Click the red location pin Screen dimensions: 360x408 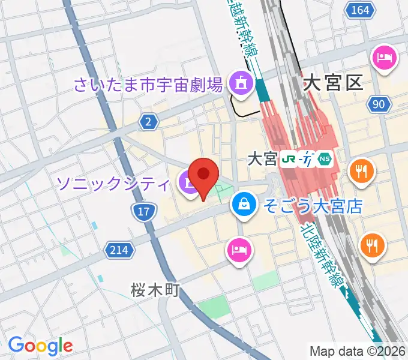(x=205, y=176)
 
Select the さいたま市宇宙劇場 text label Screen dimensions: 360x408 (x=149, y=83)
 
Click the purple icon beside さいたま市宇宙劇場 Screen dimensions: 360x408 (x=241, y=83)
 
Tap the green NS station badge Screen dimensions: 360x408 (x=325, y=159)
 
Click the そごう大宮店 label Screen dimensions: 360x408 (x=311, y=207)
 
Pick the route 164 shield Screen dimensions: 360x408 (x=360, y=10)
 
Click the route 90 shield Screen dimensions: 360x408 (x=377, y=104)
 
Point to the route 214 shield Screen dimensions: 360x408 (x=119, y=249)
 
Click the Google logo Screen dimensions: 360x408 (x=40, y=346)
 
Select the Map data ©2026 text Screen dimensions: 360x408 (x=357, y=351)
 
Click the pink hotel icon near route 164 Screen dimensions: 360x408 (x=383, y=58)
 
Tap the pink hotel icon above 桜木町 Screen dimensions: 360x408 (x=238, y=248)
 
